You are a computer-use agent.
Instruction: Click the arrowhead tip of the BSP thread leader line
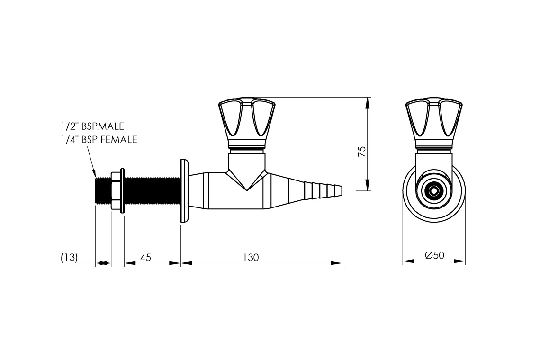pyautogui.click(x=95, y=177)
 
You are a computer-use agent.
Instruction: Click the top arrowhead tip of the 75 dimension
pyautogui.click(x=368, y=98)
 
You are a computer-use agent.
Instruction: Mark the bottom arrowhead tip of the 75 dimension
pyautogui.click(x=368, y=190)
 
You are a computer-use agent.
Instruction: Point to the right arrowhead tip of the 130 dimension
pyautogui.click(x=342, y=263)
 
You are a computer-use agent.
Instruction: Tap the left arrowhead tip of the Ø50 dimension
pyautogui.click(x=403, y=261)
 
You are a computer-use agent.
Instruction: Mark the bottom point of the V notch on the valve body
pyautogui.click(x=246, y=190)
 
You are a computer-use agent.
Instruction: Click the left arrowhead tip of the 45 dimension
pyautogui.click(x=124, y=263)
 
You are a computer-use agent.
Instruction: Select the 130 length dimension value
pyautogui.click(x=251, y=257)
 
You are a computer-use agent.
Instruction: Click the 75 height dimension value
pyautogui.click(x=362, y=152)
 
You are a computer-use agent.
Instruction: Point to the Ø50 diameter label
pyautogui.click(x=435, y=255)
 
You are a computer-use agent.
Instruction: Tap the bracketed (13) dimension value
pyautogui.click(x=69, y=258)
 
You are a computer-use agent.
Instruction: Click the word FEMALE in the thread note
pyautogui.click(x=120, y=140)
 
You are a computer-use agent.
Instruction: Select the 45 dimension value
pyautogui.click(x=146, y=257)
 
